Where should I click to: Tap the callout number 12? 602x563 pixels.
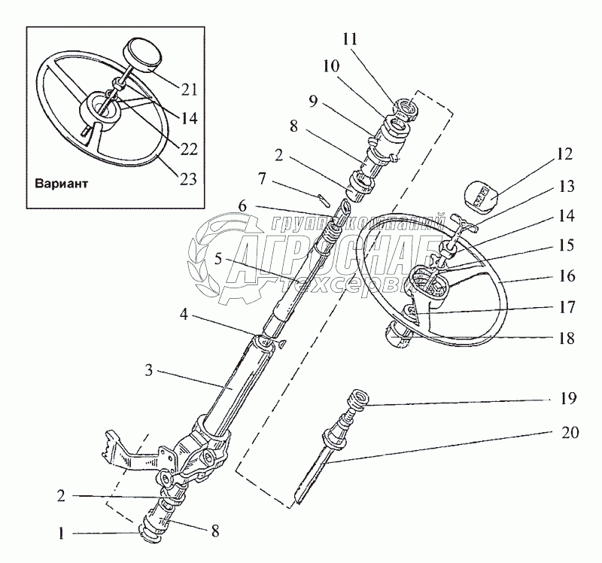[x=565, y=155]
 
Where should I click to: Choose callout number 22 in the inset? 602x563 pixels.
[x=189, y=148]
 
